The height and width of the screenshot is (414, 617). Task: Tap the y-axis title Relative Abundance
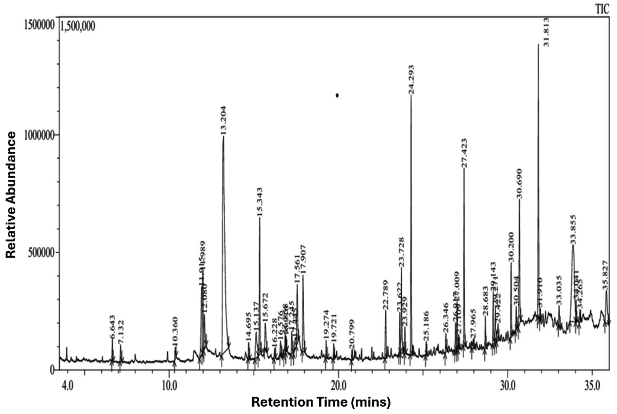click(11, 194)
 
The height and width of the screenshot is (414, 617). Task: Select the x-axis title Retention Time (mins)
click(321, 402)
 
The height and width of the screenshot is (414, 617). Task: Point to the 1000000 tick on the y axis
click(41, 135)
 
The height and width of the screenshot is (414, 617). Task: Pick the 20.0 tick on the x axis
click(338, 383)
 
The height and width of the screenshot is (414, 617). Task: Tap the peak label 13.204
click(223, 120)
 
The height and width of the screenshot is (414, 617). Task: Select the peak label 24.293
click(411, 80)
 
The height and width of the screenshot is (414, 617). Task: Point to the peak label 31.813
click(546, 32)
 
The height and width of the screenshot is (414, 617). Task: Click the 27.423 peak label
click(464, 153)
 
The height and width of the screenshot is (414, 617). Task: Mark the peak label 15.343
click(260, 202)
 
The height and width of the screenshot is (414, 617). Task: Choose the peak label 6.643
click(113, 327)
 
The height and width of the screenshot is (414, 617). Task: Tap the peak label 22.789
click(385, 294)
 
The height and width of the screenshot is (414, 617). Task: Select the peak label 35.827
click(606, 275)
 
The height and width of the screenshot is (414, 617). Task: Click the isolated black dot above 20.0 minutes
click(337, 96)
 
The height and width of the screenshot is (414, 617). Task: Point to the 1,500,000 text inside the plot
click(78, 27)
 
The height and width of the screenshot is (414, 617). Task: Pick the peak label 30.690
click(520, 184)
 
